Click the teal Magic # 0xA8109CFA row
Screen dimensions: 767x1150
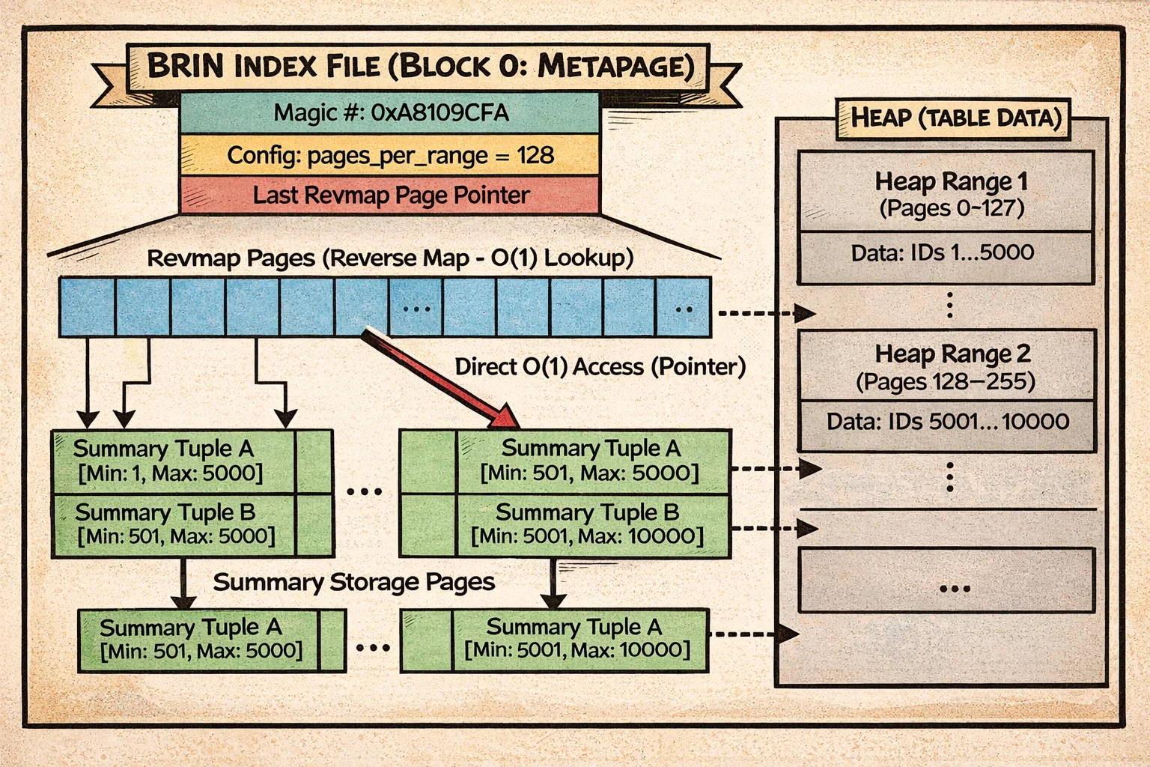click(x=390, y=113)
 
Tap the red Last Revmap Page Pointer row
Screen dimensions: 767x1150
click(x=390, y=195)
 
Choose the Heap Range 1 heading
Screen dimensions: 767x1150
click(x=951, y=181)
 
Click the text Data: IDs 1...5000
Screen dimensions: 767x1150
click(x=942, y=252)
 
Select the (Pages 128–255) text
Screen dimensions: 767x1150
click(x=945, y=382)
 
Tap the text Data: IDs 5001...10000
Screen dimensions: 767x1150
click(x=947, y=421)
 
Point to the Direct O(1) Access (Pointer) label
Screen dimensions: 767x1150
click(x=600, y=366)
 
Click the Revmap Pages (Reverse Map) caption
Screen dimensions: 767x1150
click(x=390, y=258)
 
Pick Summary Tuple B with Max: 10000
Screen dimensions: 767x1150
click(x=587, y=524)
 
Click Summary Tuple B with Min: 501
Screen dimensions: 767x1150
click(x=175, y=524)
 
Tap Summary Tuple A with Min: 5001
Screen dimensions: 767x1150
click(x=576, y=638)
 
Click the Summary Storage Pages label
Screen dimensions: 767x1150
click(x=353, y=582)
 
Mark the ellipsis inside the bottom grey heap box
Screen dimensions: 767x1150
click(x=955, y=589)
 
